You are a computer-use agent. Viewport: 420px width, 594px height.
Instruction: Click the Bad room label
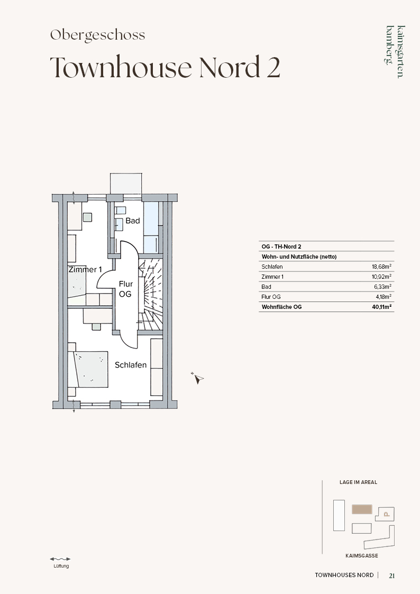(133, 221)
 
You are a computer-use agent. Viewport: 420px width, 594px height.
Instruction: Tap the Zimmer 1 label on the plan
(85, 270)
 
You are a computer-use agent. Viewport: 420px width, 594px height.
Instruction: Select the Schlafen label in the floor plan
(131, 365)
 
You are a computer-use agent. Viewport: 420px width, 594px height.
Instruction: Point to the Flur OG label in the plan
(126, 289)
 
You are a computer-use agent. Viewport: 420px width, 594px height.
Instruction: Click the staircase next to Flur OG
(150, 294)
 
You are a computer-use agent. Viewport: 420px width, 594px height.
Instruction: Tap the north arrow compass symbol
(197, 378)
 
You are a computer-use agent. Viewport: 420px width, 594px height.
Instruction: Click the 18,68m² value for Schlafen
(381, 266)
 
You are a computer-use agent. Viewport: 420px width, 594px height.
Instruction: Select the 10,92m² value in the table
(381, 277)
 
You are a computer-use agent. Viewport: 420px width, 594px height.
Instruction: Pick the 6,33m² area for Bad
(382, 287)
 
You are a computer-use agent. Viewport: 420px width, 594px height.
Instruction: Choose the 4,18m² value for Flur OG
(384, 297)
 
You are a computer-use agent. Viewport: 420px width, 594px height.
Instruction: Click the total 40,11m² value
(382, 307)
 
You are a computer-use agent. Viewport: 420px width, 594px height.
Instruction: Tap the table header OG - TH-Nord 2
(281, 246)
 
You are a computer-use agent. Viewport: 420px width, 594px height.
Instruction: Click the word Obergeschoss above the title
(98, 35)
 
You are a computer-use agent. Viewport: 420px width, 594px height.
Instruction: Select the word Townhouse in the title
(121, 67)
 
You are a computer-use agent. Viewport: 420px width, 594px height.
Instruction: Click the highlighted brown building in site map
(362, 509)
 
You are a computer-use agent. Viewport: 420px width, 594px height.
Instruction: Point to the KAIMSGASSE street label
(362, 556)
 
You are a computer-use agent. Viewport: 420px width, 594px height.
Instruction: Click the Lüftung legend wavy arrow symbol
(60, 559)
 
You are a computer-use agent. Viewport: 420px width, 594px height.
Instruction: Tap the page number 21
(392, 575)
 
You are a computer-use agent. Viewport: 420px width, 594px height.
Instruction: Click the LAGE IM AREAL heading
(358, 482)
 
